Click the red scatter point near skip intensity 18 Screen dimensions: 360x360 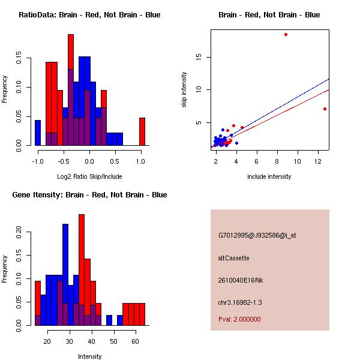coord(286,34)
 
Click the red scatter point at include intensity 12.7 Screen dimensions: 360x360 coord(325,109)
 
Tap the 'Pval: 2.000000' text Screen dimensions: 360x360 coord(239,319)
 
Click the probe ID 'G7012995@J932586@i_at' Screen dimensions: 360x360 coord(257,235)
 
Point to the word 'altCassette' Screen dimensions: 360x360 coord(234,258)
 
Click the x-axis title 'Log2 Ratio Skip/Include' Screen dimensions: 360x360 coord(89,176)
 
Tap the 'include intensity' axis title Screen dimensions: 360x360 coord(269,176)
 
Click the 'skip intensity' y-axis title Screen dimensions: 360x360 coord(184,90)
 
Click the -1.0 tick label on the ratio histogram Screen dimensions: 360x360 coord(38,161)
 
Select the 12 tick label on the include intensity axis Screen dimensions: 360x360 coord(318,161)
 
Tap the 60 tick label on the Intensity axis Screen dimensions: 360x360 coord(135,341)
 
